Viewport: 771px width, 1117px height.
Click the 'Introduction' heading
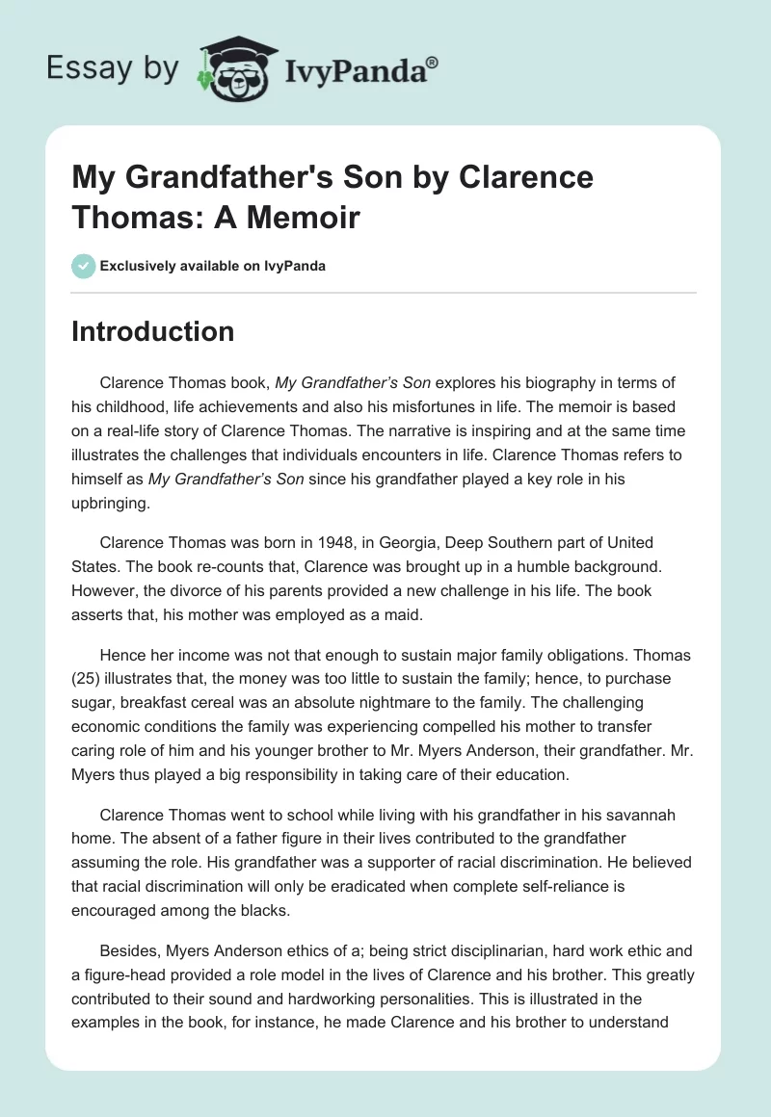pyautogui.click(x=152, y=331)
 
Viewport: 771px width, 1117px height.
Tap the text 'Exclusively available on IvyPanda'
pyautogui.click(x=213, y=266)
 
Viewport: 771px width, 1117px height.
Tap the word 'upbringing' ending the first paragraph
pyautogui.click(x=111, y=501)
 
